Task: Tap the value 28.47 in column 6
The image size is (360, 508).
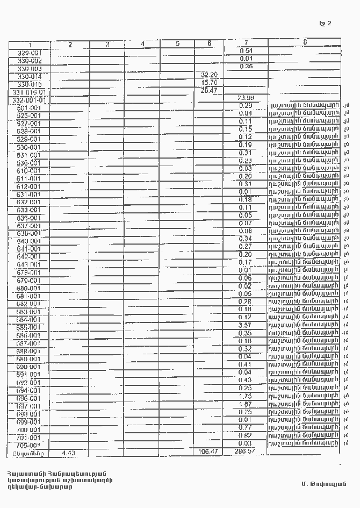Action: click(208, 90)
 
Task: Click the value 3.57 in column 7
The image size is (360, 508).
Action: click(245, 325)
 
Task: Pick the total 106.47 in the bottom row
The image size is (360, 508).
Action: click(208, 452)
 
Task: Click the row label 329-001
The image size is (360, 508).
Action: click(30, 53)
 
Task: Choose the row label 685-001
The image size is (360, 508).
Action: click(29, 327)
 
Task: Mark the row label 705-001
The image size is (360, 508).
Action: click(29, 445)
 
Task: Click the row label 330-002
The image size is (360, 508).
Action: click(30, 61)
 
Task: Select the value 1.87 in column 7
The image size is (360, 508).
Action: click(245, 404)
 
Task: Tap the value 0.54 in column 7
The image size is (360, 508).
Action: click(246, 50)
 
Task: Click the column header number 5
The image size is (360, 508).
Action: click(177, 44)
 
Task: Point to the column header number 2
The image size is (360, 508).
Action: click(70, 45)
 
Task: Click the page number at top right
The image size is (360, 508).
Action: click(325, 23)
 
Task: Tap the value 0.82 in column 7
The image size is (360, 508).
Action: click(245, 435)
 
